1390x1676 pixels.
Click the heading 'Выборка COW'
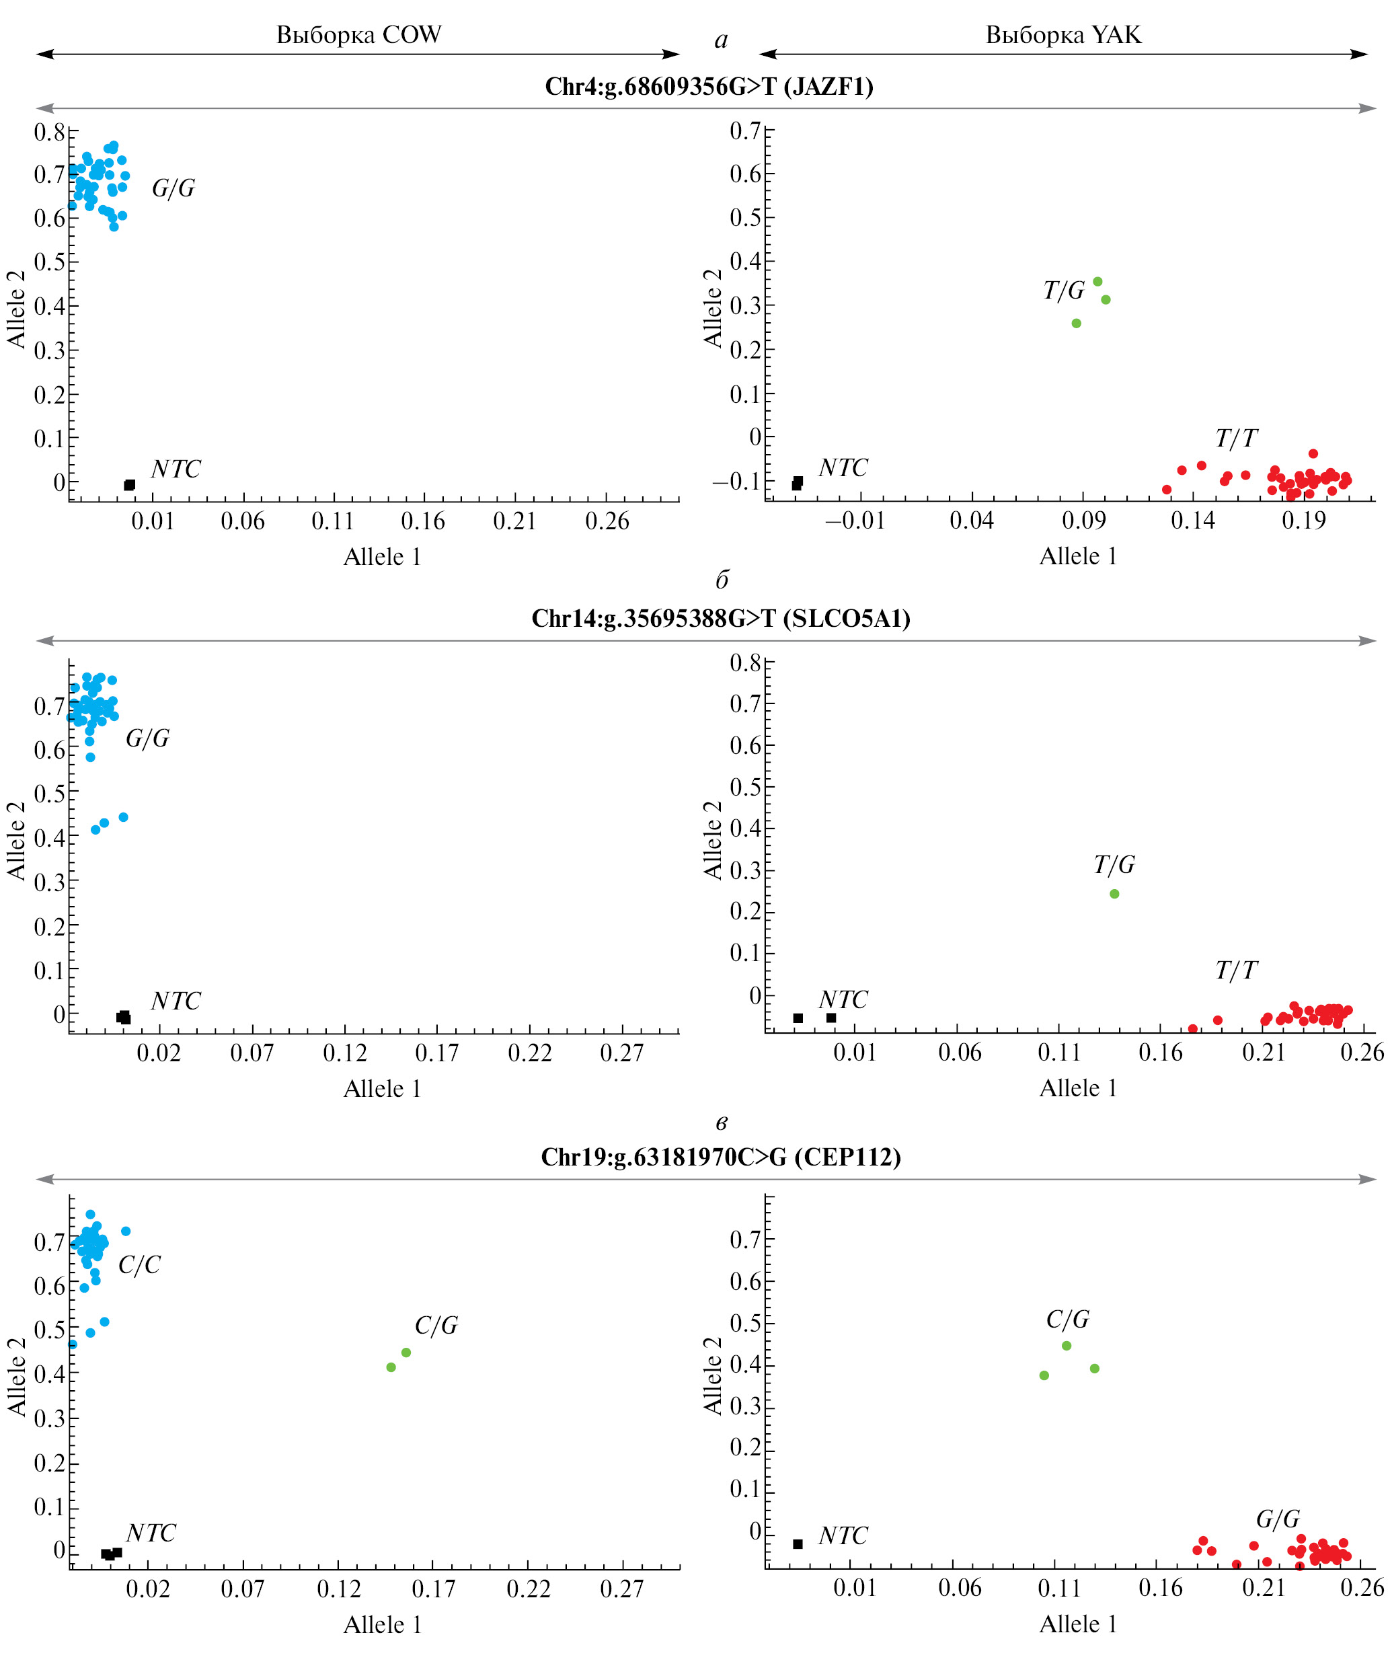point(358,34)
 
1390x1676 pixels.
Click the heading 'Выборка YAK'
point(1063,34)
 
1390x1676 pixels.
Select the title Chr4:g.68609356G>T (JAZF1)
point(709,86)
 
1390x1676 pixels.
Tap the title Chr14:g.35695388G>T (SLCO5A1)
point(720,619)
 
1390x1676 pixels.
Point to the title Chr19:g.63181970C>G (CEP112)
point(720,1157)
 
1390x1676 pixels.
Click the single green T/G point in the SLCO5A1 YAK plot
point(1114,894)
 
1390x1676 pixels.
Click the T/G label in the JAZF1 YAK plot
point(1064,291)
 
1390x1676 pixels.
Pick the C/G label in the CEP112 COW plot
point(436,1326)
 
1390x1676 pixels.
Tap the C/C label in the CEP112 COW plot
point(139,1265)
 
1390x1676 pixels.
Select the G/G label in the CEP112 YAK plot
point(1278,1519)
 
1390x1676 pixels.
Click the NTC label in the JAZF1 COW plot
point(176,469)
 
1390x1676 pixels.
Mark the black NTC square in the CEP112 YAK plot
point(797,1544)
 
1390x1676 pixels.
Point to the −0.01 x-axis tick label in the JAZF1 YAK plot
point(855,521)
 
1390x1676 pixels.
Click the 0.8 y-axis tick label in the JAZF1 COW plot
point(48,132)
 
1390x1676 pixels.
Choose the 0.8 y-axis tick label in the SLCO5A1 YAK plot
point(744,662)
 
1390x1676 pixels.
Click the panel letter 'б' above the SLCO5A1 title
point(722,580)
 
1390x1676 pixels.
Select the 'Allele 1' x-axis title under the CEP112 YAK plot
point(1078,1624)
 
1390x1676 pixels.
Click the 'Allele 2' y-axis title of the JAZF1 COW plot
point(16,309)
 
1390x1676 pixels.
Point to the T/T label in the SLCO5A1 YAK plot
point(1235,970)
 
